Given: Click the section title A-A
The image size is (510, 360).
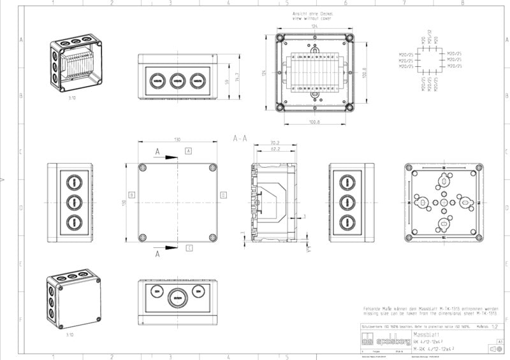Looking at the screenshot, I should (240, 138).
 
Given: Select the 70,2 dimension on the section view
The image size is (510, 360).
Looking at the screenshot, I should (275, 143).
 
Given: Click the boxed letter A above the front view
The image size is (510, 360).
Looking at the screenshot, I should (189, 151).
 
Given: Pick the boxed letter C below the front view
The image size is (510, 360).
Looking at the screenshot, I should (189, 248).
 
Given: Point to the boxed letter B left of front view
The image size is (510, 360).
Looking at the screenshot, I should (131, 194).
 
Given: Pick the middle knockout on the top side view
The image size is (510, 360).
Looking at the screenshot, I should (177, 80).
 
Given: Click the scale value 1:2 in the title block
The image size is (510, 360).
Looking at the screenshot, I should (495, 326).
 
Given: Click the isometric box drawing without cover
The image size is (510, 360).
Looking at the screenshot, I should (75, 64).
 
